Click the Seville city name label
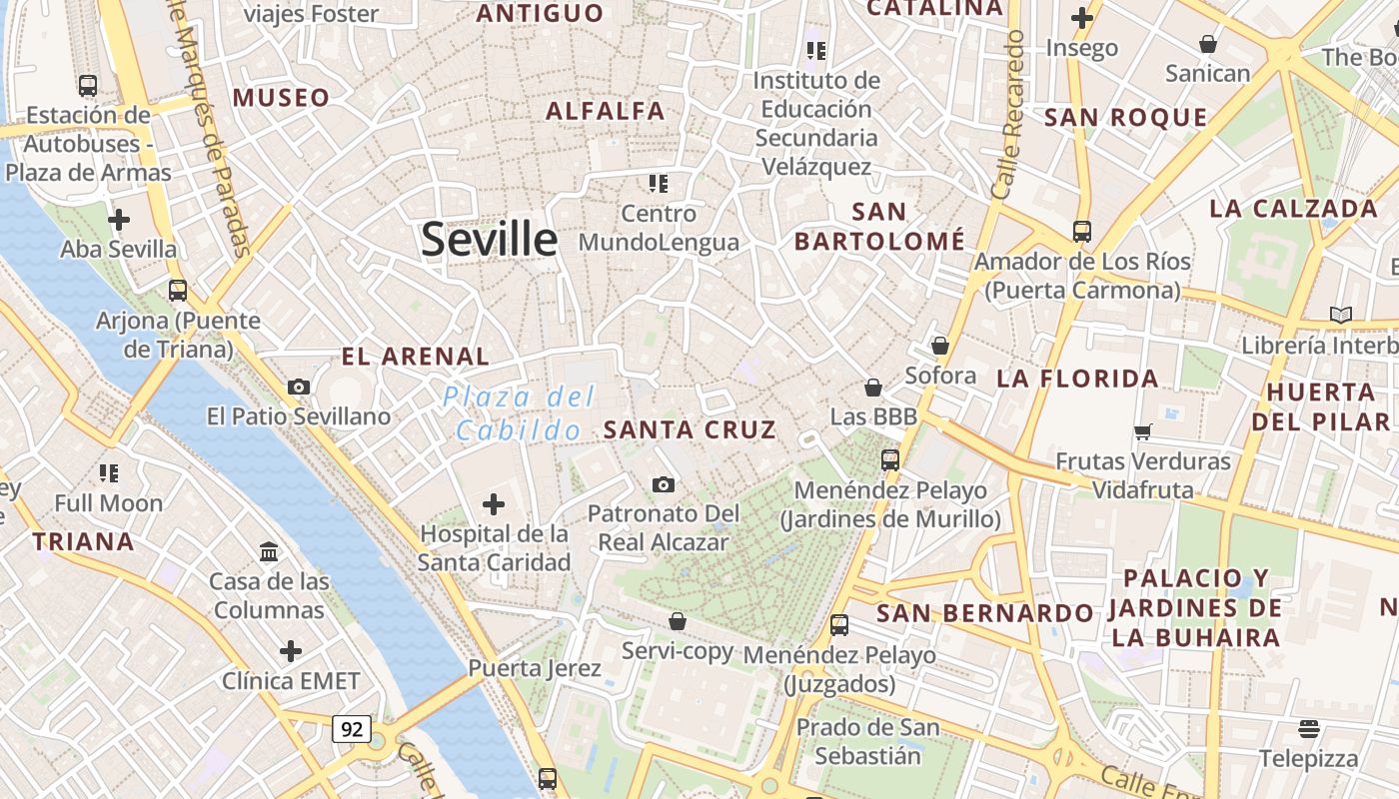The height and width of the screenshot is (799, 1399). pos(489,240)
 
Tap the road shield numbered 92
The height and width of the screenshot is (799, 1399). pos(352,729)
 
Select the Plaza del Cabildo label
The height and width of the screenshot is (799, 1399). pos(519,413)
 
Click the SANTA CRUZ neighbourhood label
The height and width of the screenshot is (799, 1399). pos(690,430)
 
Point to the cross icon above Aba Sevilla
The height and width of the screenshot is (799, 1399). pos(119,219)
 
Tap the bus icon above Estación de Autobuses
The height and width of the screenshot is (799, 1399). pos(88,85)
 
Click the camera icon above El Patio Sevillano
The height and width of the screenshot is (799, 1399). pos(298,387)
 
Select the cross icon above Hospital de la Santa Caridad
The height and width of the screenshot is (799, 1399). pos(494,504)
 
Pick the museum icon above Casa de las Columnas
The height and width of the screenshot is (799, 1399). pos(269,551)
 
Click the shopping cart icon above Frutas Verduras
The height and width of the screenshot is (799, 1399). pos(1143,431)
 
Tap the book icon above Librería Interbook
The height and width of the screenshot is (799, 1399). pos(1340,316)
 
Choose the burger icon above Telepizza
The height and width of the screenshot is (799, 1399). pos(1309,728)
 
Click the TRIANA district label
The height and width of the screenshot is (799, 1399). pos(83,542)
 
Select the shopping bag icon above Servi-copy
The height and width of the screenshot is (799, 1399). pos(678,621)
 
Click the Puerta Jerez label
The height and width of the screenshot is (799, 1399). pos(535,668)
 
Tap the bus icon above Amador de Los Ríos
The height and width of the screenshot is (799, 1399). pos(1082,232)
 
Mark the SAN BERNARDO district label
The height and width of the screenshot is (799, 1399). pos(984,613)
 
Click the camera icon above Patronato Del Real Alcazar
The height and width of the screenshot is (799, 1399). pos(663,484)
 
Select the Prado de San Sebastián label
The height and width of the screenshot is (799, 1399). pos(867,741)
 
